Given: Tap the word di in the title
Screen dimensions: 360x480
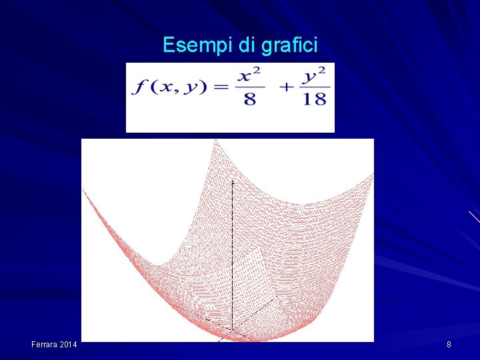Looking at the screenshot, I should coord(246,45).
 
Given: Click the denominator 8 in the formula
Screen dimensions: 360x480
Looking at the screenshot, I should coord(251,99).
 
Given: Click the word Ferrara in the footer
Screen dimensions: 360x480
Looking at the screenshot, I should coord(45,344).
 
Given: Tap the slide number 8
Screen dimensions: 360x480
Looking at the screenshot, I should coord(449,344).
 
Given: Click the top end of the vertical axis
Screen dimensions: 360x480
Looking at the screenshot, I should coord(233,181).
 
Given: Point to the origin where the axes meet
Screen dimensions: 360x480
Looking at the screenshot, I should coord(232,327).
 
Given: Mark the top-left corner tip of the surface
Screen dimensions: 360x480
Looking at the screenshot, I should coord(83,189).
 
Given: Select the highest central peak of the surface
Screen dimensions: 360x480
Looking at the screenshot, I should coord(215,140).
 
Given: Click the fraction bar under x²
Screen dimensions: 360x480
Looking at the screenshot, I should coord(251,87).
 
